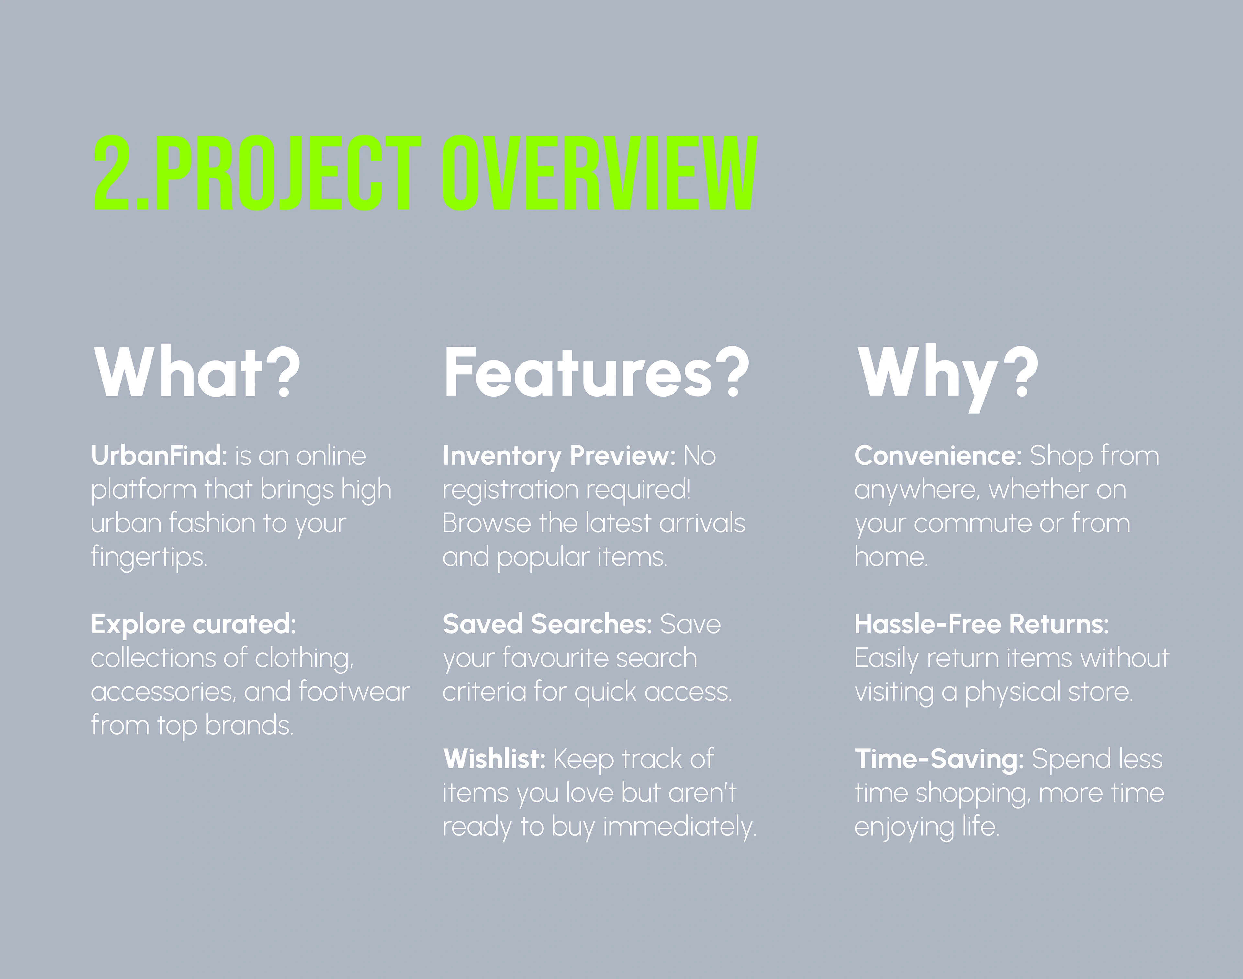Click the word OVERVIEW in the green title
pos(600,173)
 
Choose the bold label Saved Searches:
pos(548,624)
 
